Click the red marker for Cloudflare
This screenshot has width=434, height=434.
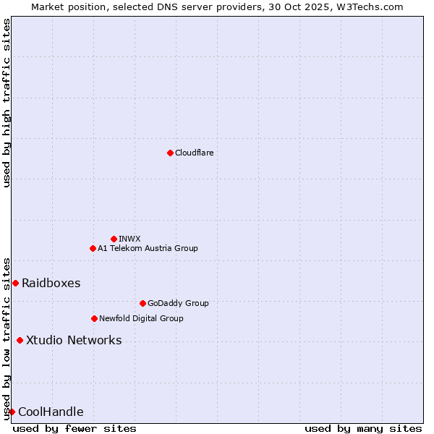point(170,153)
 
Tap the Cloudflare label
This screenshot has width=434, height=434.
point(194,153)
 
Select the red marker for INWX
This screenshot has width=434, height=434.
point(114,239)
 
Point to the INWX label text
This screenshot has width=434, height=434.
point(129,239)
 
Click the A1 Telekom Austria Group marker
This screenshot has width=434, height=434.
point(93,248)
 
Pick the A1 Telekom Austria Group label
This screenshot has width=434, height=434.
point(148,248)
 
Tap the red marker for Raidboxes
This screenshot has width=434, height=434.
point(15,283)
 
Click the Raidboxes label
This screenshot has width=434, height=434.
point(51,283)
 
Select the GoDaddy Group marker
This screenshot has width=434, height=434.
point(142,303)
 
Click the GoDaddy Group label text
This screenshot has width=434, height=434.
point(178,303)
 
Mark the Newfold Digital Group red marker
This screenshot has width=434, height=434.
point(94,318)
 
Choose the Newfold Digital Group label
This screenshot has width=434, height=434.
point(141,318)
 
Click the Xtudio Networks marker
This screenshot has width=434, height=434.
point(20,340)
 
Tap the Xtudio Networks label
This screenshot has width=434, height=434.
point(74,340)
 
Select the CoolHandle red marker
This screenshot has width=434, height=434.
point(12,412)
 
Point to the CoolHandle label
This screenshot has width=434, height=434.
point(51,412)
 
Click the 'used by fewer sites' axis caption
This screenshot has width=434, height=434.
point(75,428)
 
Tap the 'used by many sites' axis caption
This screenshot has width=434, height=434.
point(363,428)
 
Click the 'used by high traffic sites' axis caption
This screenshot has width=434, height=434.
point(7,103)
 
